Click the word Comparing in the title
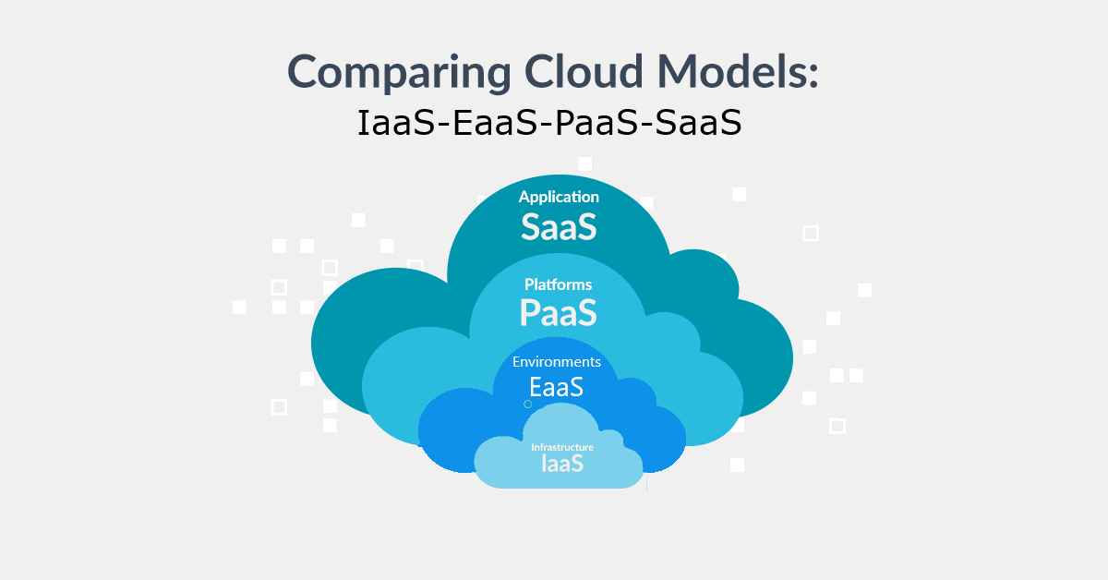pos(399,73)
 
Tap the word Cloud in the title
pos(584,71)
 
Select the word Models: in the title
pos(738,71)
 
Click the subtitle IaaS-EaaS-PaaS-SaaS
pos(549,123)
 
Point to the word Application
pos(559,198)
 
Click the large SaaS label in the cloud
pos(559,227)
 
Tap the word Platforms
pos(558,284)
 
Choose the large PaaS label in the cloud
pos(559,313)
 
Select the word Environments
pos(557,362)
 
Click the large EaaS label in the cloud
pos(557,387)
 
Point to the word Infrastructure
pos(562,447)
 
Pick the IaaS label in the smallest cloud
pos(562,464)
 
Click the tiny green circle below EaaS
pos(528,405)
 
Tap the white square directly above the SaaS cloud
pos(585,163)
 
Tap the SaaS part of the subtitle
pos(699,123)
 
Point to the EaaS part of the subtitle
pos(495,123)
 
